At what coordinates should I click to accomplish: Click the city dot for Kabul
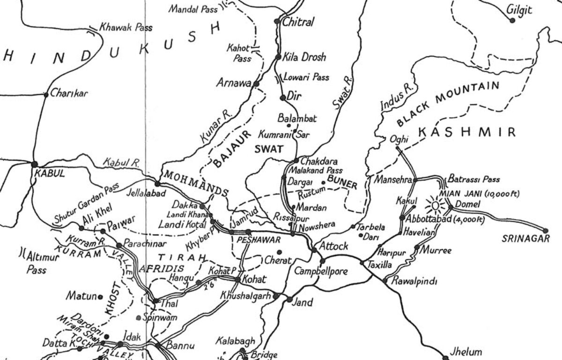tap(34, 164)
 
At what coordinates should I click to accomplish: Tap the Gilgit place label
tap(519, 10)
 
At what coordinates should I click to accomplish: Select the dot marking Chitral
tap(277, 21)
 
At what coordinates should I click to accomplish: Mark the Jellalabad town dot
tap(158, 184)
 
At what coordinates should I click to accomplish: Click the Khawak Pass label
tap(126, 28)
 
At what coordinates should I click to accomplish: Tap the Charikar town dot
tap(46, 95)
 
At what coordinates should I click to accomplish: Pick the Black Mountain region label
tap(447, 104)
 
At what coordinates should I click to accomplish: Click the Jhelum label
tap(465, 352)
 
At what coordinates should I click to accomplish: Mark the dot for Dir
tap(283, 97)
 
